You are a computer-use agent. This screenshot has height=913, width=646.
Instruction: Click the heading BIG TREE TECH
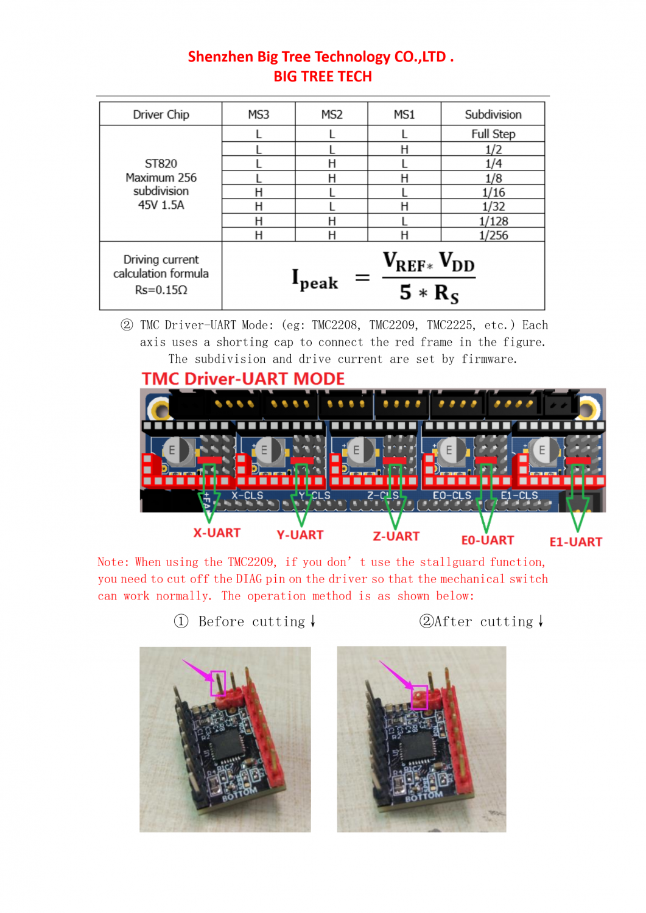tap(323, 77)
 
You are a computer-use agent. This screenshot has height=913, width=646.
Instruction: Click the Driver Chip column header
tap(161, 114)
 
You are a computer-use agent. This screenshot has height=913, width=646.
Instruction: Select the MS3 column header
tap(258, 114)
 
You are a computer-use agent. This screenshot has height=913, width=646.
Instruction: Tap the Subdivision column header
tap(493, 114)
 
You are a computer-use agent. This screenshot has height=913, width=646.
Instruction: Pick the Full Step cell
tap(493, 134)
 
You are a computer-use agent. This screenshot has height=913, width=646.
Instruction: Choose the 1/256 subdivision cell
tap(493, 236)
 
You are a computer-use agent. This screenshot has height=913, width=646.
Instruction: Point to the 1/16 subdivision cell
tap(493, 192)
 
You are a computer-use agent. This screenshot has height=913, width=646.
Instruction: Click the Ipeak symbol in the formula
tap(314, 279)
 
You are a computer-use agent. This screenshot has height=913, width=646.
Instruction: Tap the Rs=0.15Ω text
tap(161, 290)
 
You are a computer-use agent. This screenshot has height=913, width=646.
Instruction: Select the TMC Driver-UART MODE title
tap(243, 379)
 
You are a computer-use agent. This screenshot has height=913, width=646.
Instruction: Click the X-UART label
tap(217, 533)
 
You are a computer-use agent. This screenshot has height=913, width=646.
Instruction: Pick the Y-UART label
tap(300, 535)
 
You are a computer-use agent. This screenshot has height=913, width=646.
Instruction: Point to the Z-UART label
tap(396, 536)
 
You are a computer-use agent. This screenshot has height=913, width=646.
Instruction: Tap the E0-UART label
tap(487, 540)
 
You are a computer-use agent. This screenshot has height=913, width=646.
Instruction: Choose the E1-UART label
tap(575, 542)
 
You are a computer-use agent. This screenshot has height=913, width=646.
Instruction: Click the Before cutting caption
tap(251, 621)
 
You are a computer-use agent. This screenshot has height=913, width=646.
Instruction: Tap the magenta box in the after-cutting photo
tap(420, 698)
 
